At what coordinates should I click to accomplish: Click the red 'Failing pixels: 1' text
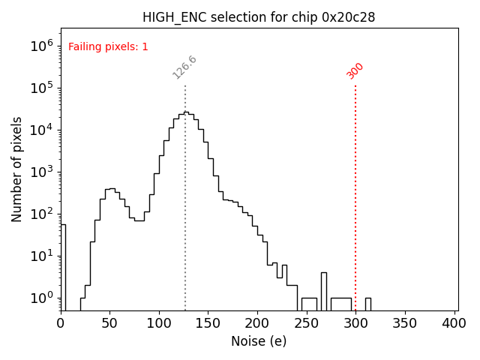tap(108, 47)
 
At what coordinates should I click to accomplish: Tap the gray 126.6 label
tap(184, 67)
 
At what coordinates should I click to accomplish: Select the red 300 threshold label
tap(355, 70)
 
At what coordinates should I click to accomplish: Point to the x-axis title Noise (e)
tap(259, 341)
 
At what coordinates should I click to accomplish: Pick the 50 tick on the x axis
tap(109, 323)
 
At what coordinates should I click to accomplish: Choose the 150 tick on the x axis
tap(208, 323)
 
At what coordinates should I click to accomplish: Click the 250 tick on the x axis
tap(306, 323)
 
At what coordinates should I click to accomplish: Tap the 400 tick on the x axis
tap(454, 323)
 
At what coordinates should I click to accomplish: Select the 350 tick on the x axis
tap(404, 323)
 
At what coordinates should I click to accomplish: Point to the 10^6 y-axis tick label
tap(42, 46)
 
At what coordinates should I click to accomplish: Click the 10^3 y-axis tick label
tap(42, 172)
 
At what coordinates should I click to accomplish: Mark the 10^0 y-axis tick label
tap(42, 298)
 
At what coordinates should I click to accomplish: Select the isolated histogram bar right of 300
tap(367, 304)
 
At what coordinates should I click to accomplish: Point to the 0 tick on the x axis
tap(61, 323)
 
